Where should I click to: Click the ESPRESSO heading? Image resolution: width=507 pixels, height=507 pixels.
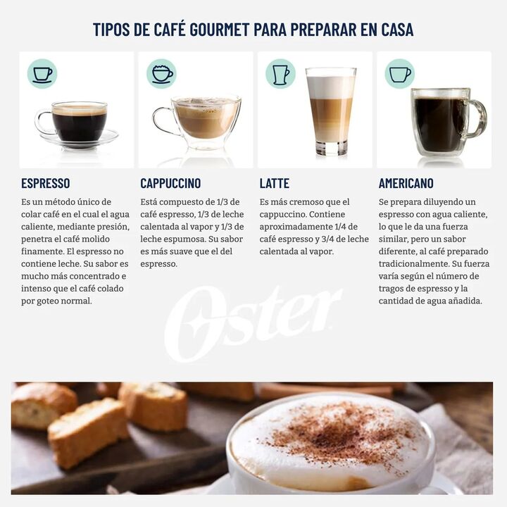(x=46, y=183)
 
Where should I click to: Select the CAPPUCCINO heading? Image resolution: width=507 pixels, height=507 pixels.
(x=170, y=183)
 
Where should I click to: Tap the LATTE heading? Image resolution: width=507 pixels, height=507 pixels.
(x=274, y=183)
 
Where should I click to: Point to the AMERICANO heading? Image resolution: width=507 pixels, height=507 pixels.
(x=406, y=183)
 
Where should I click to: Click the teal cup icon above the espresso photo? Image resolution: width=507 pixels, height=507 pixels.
(x=42, y=73)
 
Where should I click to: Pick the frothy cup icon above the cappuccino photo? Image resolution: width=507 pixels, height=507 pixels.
(x=162, y=73)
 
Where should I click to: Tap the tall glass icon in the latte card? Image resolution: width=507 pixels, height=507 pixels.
(x=280, y=73)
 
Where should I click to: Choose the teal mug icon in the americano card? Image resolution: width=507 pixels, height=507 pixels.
(x=399, y=73)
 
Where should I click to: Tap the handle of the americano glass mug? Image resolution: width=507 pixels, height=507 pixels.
(x=478, y=118)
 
